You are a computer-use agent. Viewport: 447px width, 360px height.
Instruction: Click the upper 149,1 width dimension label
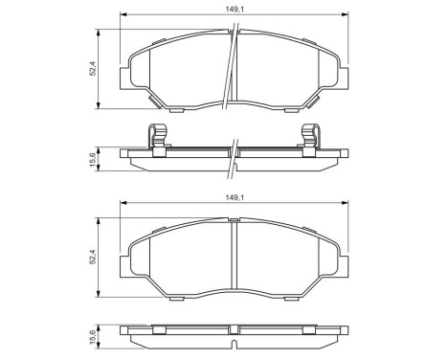235,10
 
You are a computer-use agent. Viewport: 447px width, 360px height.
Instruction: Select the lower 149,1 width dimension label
235,197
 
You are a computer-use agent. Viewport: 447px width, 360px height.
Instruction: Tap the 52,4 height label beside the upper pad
93,69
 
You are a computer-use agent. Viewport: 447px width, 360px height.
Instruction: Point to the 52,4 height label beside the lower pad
93,257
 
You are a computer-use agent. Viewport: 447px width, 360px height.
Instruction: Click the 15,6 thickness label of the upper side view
93,159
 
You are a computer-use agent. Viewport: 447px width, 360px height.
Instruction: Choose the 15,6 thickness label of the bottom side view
93,337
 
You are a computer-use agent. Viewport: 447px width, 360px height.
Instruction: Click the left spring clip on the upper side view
158,140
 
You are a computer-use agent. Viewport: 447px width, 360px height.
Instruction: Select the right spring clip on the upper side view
311,140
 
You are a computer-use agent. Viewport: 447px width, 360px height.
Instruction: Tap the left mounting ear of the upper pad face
124,79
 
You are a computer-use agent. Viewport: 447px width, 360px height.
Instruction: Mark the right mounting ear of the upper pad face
344,79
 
